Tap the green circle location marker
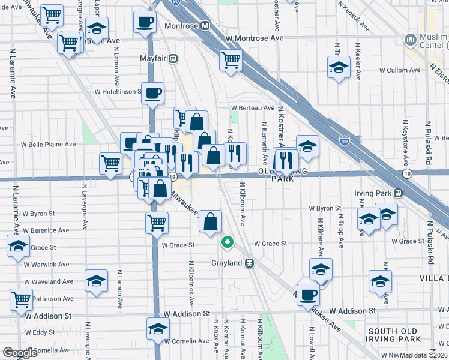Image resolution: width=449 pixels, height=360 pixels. point(227,242)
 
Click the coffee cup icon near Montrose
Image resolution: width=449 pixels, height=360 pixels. point(144,23)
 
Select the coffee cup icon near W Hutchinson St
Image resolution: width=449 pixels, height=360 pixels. point(152,93)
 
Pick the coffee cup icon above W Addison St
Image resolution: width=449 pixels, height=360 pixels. point(308,295)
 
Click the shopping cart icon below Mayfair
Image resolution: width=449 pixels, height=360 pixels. point(231,60)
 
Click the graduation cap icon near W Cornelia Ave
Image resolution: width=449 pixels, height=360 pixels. point(158,329)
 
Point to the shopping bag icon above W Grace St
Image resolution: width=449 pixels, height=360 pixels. point(210,221)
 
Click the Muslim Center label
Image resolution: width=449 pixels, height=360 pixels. point(427,40)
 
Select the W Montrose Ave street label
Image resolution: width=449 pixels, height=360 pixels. point(255,38)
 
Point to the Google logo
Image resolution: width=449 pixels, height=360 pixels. point(20,352)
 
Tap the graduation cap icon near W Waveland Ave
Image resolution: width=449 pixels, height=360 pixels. point(96,281)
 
